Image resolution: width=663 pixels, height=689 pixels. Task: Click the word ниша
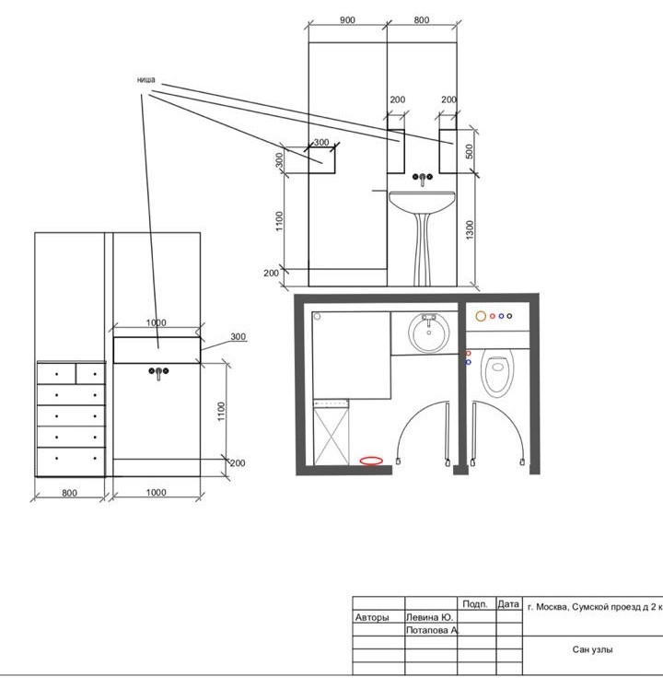pyautogui.click(x=145, y=80)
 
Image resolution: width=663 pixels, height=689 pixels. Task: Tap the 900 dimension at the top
pyautogui.click(x=347, y=20)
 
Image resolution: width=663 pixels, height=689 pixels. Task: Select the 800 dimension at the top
pyautogui.click(x=422, y=20)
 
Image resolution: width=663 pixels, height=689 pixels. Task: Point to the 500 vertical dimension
pyautogui.click(x=470, y=152)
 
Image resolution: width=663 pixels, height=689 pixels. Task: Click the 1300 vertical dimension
pyautogui.click(x=470, y=229)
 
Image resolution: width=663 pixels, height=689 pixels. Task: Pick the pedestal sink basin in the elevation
pyautogui.click(x=422, y=202)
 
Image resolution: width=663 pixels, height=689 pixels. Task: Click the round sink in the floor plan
pyautogui.click(x=429, y=333)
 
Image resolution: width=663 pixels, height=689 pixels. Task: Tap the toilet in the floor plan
pyautogui.click(x=497, y=373)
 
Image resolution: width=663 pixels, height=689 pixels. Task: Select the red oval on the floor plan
pyautogui.click(x=371, y=461)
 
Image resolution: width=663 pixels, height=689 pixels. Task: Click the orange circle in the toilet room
pyautogui.click(x=481, y=316)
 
